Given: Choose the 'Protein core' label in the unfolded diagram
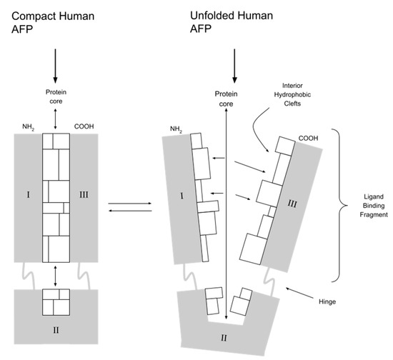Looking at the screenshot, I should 227,101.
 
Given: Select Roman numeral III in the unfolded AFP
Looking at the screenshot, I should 291,205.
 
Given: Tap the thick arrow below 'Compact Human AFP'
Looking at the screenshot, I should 55,69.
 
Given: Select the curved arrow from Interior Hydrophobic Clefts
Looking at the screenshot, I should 259,134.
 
